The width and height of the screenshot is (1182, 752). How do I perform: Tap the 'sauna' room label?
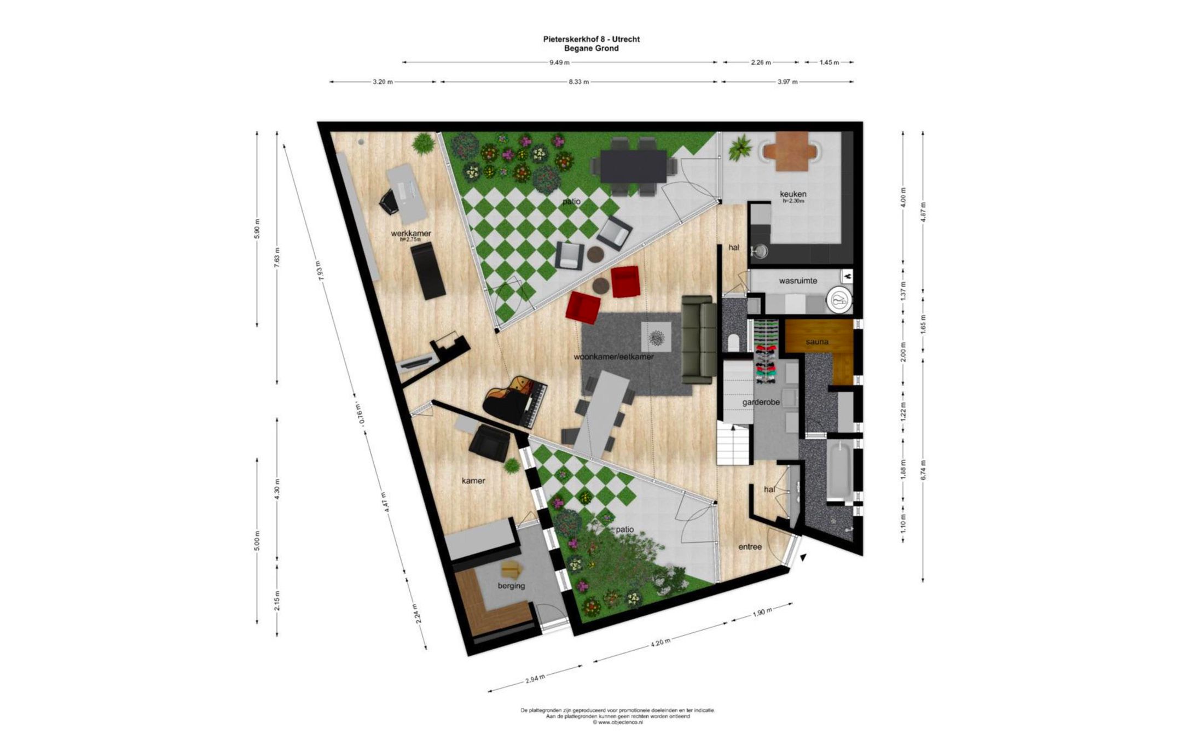tap(816, 342)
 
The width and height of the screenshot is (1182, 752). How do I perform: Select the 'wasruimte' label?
tap(798, 281)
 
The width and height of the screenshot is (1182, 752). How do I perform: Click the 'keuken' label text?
tap(793, 194)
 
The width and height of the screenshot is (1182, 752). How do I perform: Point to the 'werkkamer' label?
tap(410, 234)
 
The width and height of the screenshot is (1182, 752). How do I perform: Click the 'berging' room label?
tap(511, 586)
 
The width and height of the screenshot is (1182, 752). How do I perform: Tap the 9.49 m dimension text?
tap(559, 62)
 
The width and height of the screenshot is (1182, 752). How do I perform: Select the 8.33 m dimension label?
tap(578, 82)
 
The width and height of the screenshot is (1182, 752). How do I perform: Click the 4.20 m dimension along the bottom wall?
tap(660, 642)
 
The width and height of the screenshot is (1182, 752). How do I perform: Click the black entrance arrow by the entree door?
tap(803, 557)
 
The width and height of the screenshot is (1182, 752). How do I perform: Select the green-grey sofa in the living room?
tap(699, 340)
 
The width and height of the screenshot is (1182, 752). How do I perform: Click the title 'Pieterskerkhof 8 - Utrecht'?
tap(591, 39)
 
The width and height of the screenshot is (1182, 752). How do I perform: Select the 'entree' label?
tap(750, 546)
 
